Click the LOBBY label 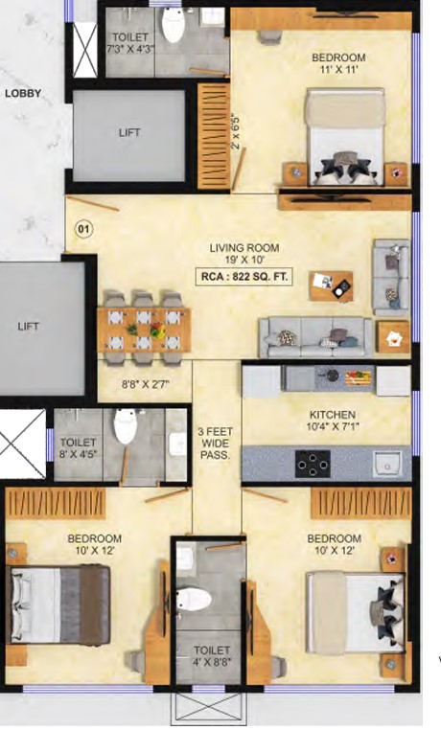[x=23, y=93]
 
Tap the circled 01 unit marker [x=83, y=229]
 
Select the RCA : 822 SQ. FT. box [x=244, y=277]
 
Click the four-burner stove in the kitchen [x=313, y=464]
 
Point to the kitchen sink [x=387, y=463]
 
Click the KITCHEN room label [x=333, y=415]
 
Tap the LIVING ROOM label [x=244, y=248]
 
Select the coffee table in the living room [x=331, y=285]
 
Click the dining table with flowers [x=144, y=330]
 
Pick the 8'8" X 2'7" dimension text [x=145, y=384]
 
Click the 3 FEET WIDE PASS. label [x=215, y=443]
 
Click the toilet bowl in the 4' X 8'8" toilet [x=195, y=599]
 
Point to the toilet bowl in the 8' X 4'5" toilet [x=126, y=426]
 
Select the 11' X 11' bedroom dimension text [x=338, y=70]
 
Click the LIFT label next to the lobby [x=129, y=133]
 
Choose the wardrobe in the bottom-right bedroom [x=360, y=503]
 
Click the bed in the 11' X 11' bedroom [x=345, y=136]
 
